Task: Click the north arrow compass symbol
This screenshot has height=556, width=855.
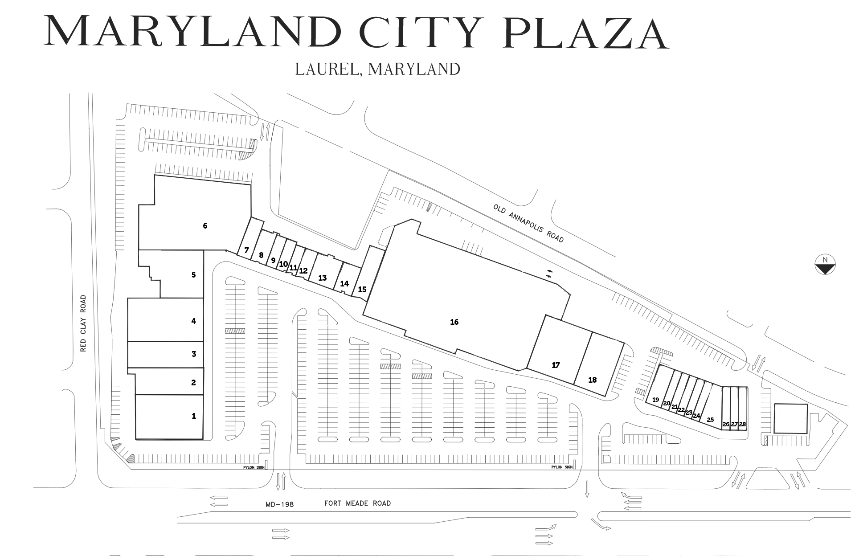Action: click(x=825, y=265)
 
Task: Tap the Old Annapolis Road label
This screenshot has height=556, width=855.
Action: click(x=528, y=223)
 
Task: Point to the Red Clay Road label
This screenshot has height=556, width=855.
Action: click(x=83, y=323)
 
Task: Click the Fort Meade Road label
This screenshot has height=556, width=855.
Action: click(x=357, y=503)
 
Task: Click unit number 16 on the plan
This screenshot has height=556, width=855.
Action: click(x=454, y=322)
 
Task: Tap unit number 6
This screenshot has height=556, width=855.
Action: click(x=205, y=226)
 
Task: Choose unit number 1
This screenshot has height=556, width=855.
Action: click(x=193, y=416)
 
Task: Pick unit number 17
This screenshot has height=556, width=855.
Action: click(x=556, y=365)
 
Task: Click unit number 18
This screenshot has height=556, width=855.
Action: click(x=592, y=380)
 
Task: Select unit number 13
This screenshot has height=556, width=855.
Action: click(x=322, y=278)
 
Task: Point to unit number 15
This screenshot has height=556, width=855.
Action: click(x=362, y=290)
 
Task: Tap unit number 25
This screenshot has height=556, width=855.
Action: click(x=710, y=420)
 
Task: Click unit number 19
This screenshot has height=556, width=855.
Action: click(x=655, y=400)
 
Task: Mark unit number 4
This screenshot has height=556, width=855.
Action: click(x=193, y=321)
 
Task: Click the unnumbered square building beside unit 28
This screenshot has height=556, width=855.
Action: click(x=790, y=418)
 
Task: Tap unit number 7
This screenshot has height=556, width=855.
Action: click(x=246, y=251)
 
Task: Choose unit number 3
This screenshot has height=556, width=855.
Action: click(x=193, y=354)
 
